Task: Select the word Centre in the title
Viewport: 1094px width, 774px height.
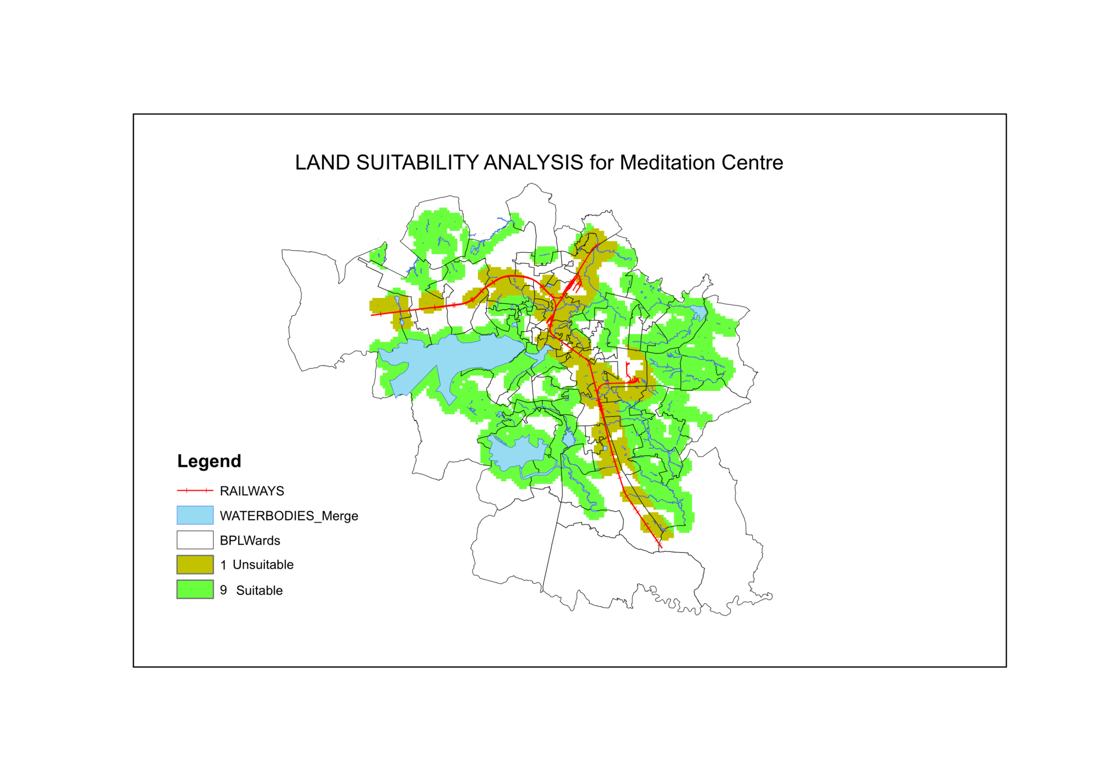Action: [x=752, y=163]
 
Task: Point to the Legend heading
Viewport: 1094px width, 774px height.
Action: [x=209, y=461]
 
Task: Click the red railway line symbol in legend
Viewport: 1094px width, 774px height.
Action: [x=195, y=490]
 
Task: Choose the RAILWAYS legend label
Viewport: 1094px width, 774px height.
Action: [x=252, y=491]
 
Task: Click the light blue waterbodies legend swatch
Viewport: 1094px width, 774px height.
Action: [x=195, y=515]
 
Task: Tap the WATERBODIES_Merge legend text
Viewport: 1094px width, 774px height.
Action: [x=289, y=516]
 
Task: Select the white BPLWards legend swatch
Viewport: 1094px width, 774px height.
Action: [x=195, y=540]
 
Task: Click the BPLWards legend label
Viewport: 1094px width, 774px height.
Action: [x=250, y=540]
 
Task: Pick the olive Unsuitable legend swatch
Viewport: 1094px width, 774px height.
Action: [x=195, y=564]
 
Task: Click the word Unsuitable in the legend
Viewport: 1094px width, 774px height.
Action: [x=263, y=565]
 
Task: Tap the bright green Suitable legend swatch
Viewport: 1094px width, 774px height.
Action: [x=195, y=589]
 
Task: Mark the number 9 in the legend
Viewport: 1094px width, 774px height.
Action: [x=223, y=590]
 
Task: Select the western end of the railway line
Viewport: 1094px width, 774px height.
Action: [x=372, y=315]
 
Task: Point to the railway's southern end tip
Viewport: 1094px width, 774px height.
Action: [x=662, y=548]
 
